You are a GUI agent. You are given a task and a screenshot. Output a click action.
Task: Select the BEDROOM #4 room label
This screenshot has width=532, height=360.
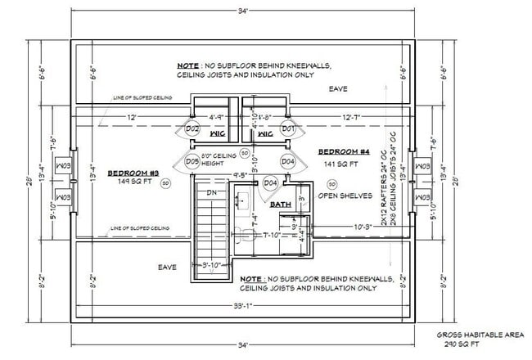coord(343,152)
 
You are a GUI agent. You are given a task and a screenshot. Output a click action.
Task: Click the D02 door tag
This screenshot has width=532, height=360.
coord(193,128)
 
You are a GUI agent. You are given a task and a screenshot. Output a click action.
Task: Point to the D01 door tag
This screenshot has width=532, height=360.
coord(287,128)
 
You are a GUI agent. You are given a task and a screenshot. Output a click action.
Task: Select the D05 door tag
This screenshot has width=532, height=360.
coord(193,161)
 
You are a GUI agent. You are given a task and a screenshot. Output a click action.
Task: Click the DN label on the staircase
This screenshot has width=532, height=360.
coord(212,193)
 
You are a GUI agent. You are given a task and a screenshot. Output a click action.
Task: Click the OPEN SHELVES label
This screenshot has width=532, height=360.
coord(345,196)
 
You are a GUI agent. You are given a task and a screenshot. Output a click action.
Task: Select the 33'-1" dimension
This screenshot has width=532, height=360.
coord(243,307)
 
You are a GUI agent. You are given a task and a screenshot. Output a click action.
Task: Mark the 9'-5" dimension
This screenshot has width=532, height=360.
coord(241,174)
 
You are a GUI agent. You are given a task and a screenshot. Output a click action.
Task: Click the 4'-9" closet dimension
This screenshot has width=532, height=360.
coord(217,117)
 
